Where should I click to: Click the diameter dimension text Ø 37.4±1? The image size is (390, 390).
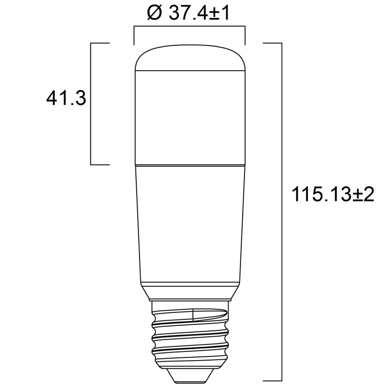pos(188,13)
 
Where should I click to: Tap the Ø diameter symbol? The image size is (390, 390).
pos(155,13)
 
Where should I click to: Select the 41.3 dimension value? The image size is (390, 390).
pos(66,98)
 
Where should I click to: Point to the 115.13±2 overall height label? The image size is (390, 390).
pos(334,195)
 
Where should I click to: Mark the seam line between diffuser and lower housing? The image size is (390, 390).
pos(189,164)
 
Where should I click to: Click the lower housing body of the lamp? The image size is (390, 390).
pos(189,220)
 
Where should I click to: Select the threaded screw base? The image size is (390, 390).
pos(189,335)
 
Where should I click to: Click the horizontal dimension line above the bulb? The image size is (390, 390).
pos(189,28)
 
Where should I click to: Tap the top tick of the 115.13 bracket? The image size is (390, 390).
pos(272,43)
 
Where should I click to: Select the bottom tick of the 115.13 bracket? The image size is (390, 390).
pos(272,381)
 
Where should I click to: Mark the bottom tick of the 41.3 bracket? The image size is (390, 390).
pos(100,164)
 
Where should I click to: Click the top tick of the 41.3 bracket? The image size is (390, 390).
pos(100,43)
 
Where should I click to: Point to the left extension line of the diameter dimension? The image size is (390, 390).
pos(134,36)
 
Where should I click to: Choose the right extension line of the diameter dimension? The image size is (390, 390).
pos(245,36)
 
